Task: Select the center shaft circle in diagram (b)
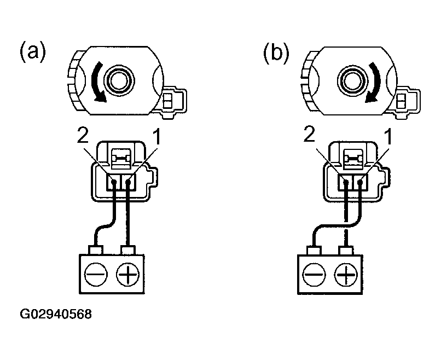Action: pos(352,80)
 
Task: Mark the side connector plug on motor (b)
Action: pos(404,100)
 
